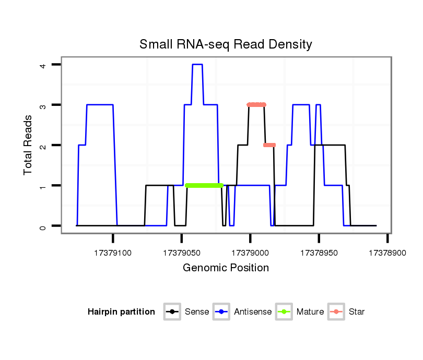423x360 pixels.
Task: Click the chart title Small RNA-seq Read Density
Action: [226, 44]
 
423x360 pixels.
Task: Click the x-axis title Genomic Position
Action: [226, 268]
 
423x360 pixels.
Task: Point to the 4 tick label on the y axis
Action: [43, 65]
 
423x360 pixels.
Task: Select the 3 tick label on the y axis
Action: [43, 105]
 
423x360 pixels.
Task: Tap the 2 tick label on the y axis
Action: [43, 145]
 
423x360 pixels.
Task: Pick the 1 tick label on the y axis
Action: [43, 185]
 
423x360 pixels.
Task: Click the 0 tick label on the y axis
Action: [43, 226]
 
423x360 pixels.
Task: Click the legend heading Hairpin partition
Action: [121, 312]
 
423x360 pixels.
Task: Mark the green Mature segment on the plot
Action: [204, 185]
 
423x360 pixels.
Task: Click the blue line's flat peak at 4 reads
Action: [197, 65]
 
